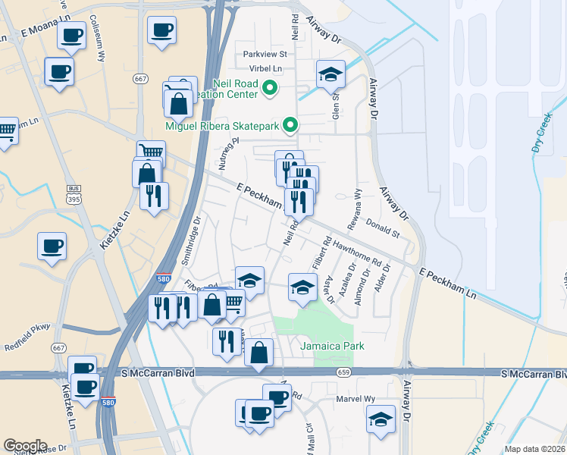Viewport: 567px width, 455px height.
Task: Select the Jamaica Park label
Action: click(x=332, y=346)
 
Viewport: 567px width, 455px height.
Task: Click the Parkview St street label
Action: click(x=265, y=54)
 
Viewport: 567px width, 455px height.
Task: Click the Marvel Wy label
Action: click(x=356, y=398)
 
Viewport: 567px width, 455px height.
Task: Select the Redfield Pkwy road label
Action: click(x=29, y=331)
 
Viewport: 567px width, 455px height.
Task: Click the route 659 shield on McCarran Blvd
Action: click(x=343, y=372)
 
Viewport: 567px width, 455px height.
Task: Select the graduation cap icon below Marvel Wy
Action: click(x=381, y=419)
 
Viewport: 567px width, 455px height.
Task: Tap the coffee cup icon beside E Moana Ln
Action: click(x=72, y=35)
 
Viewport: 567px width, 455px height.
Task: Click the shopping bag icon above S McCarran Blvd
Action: click(x=259, y=352)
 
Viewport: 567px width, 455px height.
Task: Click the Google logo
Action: click(x=26, y=446)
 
